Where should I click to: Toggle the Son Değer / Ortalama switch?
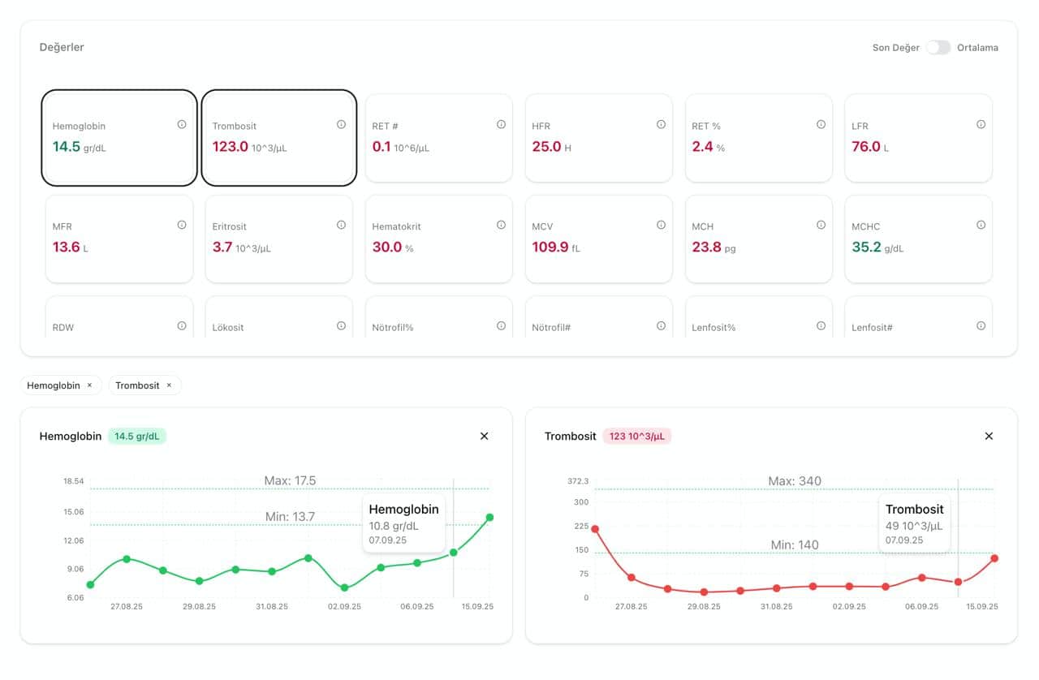[938, 47]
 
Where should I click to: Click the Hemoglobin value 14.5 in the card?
[66, 147]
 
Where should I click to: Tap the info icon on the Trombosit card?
[341, 124]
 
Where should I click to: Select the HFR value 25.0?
[546, 147]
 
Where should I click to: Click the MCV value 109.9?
[550, 247]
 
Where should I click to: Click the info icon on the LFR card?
[981, 124]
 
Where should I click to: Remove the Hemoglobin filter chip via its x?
[89, 385]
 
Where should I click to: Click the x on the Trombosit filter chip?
[169, 385]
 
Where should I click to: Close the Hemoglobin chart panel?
[485, 436]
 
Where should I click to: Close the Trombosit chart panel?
[989, 436]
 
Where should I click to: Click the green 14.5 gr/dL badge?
[136, 436]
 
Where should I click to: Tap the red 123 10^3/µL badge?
[637, 436]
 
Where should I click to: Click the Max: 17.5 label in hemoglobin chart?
[290, 481]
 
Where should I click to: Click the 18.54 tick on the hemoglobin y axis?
[74, 481]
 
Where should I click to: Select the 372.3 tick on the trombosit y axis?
[578, 481]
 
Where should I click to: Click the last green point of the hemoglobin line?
[489, 517]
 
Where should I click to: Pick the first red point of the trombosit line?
[595, 529]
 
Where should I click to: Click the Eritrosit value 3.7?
[222, 247]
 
